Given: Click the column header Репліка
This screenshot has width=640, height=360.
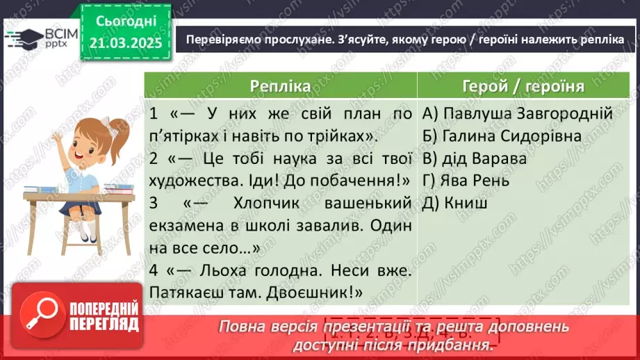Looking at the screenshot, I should click(280, 86).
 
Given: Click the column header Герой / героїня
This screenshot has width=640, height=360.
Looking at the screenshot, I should click(523, 86).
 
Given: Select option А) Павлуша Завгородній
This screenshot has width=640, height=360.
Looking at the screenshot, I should click(516, 113).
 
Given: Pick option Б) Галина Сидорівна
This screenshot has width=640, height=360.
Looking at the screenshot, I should click(501, 136).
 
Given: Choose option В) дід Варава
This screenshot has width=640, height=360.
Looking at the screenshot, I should click(474, 158).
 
